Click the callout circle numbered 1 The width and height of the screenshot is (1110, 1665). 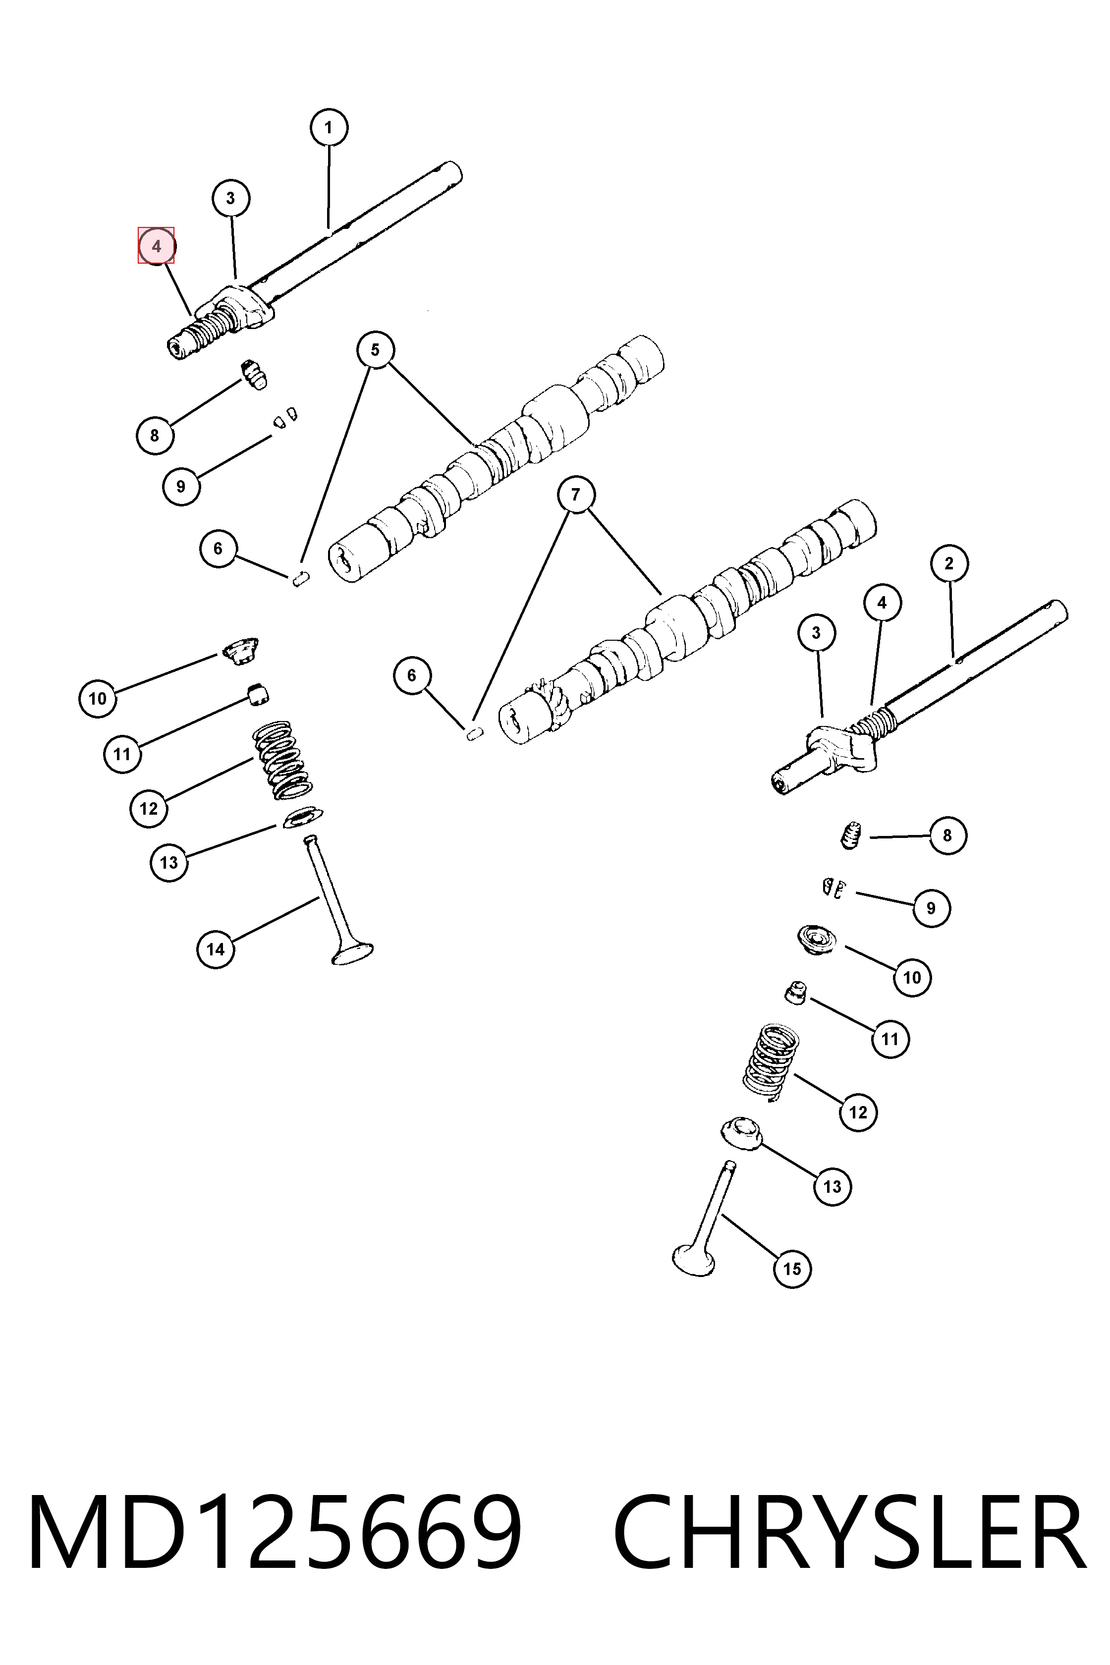(x=329, y=128)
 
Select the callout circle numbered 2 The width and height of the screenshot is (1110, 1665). (x=948, y=563)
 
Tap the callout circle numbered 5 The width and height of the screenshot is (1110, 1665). (x=375, y=350)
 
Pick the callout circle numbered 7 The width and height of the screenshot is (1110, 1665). (x=575, y=494)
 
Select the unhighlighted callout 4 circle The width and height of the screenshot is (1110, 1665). (x=882, y=603)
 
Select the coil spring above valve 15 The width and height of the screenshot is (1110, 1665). (x=770, y=1062)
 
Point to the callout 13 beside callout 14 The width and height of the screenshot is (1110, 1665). (x=168, y=862)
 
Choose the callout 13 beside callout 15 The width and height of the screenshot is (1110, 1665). (x=832, y=1186)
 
